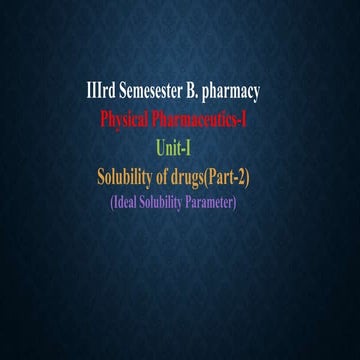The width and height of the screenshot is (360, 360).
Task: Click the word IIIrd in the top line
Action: pos(101,93)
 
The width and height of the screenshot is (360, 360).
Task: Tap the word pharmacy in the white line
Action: pos(229,93)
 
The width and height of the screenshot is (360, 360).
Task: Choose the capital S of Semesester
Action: pos(123,93)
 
